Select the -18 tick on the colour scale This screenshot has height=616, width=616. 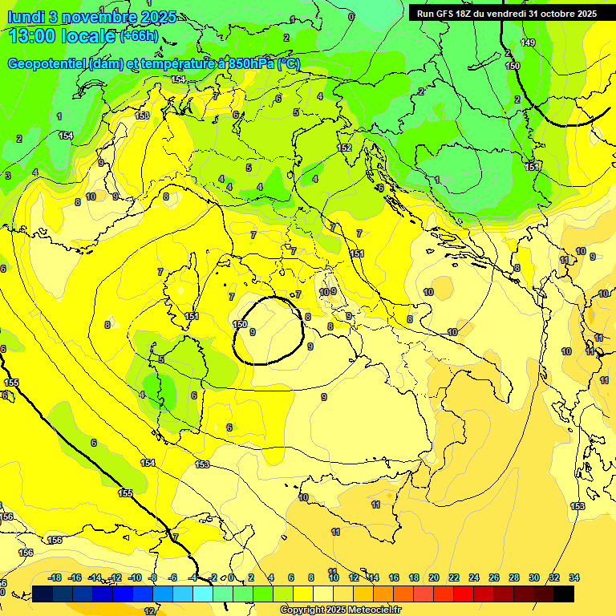click(x=55, y=577)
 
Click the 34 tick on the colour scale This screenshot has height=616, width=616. click(x=574, y=577)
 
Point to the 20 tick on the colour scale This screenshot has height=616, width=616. click(x=434, y=577)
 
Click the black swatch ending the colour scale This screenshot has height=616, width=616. click(x=564, y=594)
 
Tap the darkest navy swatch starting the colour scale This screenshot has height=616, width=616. click(x=43, y=594)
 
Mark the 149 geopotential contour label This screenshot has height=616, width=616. click(x=527, y=43)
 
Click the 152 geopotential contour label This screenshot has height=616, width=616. click(x=344, y=148)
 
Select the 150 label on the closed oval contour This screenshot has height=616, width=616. click(x=240, y=324)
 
